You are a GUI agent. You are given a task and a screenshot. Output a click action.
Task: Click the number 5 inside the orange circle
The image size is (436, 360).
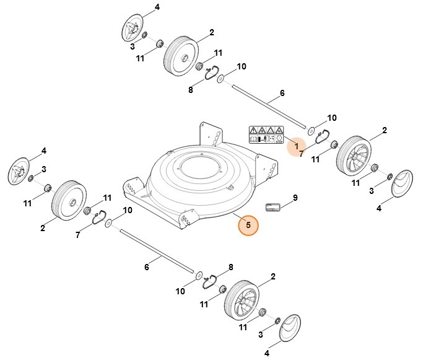tap(248, 225)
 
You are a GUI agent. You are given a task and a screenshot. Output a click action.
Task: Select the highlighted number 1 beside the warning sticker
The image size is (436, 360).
tap(297, 146)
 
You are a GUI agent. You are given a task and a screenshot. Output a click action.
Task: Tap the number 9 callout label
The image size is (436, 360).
tap(295, 198)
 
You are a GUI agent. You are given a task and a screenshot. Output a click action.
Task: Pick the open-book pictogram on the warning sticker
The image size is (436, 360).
tap(253, 140)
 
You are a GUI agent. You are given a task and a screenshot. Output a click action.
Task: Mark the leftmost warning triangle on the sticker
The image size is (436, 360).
tap(253, 130)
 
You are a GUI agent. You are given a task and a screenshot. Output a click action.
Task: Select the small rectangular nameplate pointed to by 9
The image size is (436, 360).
tap(273, 207)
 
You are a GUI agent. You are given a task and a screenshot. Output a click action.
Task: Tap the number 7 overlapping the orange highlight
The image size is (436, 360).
tap(302, 152)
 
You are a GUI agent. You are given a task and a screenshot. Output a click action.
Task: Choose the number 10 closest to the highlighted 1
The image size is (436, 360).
tap(331, 118)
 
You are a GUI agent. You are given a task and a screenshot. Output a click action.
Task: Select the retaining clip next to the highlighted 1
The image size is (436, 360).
tap(322, 137)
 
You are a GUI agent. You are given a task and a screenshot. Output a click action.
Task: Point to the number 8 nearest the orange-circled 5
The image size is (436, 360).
tap(231, 267)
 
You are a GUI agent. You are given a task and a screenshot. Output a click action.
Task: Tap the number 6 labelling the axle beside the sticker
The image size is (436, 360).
tap(282, 94)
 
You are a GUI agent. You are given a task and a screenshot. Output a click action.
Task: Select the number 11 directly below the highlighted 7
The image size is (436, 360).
tap(316, 160)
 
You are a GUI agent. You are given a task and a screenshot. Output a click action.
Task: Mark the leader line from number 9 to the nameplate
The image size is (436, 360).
tap(287, 201)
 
